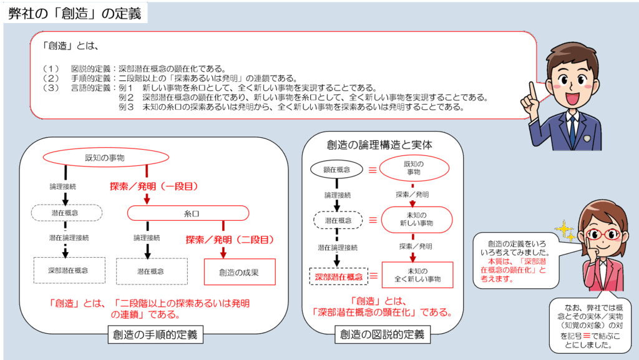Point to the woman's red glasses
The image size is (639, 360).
coord(603,235)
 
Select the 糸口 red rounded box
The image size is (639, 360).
coord(191,213)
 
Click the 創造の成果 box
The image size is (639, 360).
coord(239,272)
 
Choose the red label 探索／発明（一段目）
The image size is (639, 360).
coord(154,186)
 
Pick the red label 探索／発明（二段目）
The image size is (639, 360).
coord(230,239)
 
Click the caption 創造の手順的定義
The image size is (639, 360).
coord(155,335)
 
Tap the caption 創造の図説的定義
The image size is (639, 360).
coord(383,335)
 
